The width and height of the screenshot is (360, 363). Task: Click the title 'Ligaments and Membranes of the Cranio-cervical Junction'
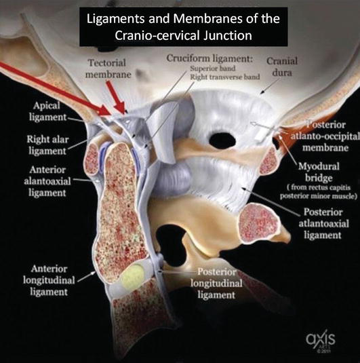point(183,27)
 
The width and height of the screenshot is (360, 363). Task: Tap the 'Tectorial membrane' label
point(108,69)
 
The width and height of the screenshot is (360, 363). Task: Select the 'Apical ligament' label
point(47,111)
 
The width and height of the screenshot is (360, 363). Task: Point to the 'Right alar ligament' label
point(47,145)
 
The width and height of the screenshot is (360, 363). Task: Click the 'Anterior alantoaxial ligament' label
point(47,181)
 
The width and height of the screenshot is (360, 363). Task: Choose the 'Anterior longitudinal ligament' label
point(49,280)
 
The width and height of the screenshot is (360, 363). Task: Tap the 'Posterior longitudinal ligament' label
point(216,283)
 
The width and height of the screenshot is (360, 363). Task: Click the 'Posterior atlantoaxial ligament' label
point(323,223)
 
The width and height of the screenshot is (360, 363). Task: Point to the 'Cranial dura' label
point(282,66)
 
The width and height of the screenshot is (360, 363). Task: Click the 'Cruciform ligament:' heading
point(209,58)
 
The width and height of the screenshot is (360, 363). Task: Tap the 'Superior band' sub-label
point(213,69)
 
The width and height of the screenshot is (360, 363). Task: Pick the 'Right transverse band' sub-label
point(225,77)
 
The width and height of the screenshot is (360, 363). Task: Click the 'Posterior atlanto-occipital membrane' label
point(325,136)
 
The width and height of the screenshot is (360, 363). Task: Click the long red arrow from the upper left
point(55,88)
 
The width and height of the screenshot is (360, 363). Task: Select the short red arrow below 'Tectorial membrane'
point(116,96)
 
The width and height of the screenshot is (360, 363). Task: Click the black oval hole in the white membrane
point(222,139)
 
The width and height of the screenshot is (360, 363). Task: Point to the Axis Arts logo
point(321,341)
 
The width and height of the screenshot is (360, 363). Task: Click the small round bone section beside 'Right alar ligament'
point(93,159)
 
